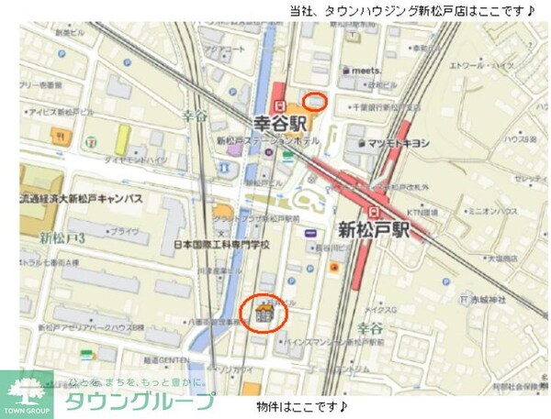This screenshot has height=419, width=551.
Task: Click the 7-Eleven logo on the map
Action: [91, 143]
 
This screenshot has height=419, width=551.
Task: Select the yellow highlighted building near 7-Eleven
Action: [122, 139]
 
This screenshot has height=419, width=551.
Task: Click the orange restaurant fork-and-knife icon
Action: [334, 266]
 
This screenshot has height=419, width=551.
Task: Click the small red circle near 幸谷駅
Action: [315, 100]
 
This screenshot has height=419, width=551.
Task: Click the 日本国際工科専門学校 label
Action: [221, 247]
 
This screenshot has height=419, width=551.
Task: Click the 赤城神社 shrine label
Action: [491, 299]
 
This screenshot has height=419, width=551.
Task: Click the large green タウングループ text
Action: [138, 402]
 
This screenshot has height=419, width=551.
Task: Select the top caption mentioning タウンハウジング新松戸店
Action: [411, 11]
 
